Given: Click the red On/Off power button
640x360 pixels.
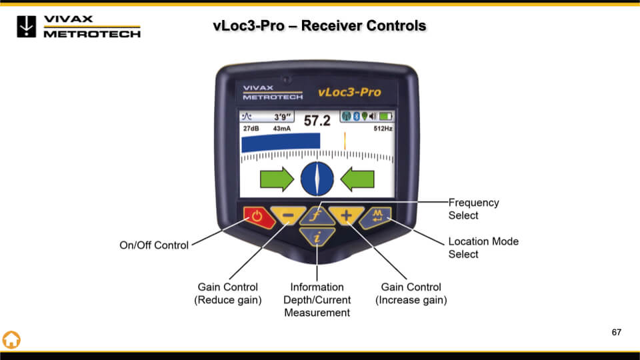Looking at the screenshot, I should click(258, 217).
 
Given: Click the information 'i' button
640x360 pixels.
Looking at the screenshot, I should click(317, 236).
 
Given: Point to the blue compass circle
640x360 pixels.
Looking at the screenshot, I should click(317, 178).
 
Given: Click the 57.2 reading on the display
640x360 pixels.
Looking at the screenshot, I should click(317, 121).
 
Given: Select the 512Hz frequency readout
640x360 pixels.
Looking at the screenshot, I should click(383, 128).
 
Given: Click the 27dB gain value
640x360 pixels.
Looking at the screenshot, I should click(251, 128).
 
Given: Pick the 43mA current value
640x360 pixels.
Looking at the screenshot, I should click(282, 128).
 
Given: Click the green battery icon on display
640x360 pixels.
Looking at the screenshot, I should click(385, 117).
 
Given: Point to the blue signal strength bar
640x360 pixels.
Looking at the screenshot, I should click(281, 142).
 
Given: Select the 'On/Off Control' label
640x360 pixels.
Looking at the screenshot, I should click(154, 245).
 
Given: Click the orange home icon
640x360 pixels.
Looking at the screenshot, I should click(11, 339).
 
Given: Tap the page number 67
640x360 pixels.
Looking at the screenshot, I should click(616, 331).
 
